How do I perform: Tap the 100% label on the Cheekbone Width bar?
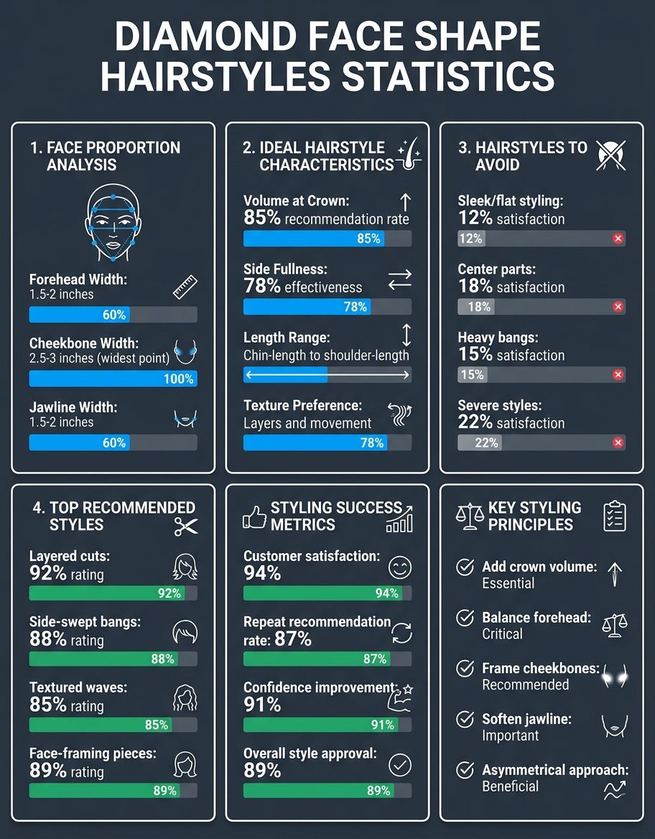tap(179, 379)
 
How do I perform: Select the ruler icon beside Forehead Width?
tap(185, 287)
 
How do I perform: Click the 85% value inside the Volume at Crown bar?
tap(368, 238)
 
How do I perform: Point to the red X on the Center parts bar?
tap(618, 307)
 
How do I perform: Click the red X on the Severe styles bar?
tap(618, 442)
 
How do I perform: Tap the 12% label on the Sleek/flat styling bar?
tap(471, 238)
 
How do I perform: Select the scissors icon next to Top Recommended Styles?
tap(186, 527)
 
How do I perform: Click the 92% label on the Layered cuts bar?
tap(169, 593)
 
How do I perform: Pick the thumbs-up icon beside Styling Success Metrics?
tap(254, 517)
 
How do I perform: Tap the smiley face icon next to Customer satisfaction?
tap(400, 567)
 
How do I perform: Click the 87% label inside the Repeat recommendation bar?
tap(375, 659)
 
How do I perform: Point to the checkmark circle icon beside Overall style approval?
tap(400, 765)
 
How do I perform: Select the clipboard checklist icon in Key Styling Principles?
tap(614, 516)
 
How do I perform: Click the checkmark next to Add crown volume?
tap(465, 567)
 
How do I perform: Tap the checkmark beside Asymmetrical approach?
tap(465, 770)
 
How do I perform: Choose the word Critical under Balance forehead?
tap(502, 634)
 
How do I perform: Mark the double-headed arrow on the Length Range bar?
tap(327, 375)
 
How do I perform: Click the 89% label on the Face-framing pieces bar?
tap(164, 791)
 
